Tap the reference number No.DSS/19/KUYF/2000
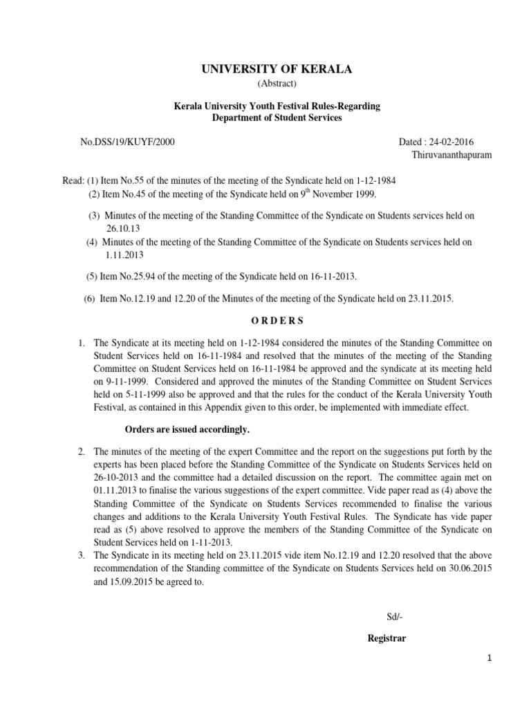128,142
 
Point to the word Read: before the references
73,180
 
